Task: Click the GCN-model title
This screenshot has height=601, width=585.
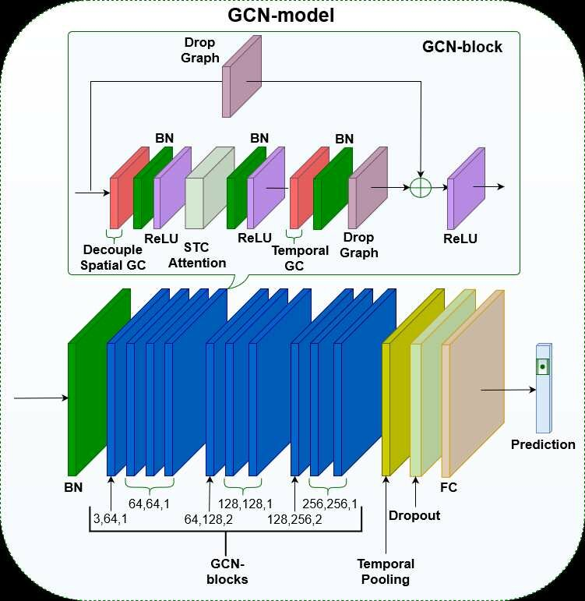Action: pyautogui.click(x=281, y=15)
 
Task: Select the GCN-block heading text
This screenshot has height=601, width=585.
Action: pyautogui.click(x=462, y=47)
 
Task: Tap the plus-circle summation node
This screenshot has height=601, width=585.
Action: pyautogui.click(x=421, y=187)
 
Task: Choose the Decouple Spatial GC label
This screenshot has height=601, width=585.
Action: pyautogui.click(x=114, y=257)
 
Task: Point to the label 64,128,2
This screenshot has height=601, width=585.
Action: pyautogui.click(x=209, y=518)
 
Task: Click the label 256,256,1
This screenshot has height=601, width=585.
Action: pyautogui.click(x=330, y=504)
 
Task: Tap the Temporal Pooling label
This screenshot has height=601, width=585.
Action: pyautogui.click(x=386, y=571)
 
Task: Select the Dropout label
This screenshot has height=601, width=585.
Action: pyautogui.click(x=414, y=515)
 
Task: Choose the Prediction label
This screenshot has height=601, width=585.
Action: pyautogui.click(x=543, y=444)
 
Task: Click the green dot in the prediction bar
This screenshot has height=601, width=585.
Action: pyautogui.click(x=541, y=366)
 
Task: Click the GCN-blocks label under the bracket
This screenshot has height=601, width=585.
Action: pyautogui.click(x=229, y=571)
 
